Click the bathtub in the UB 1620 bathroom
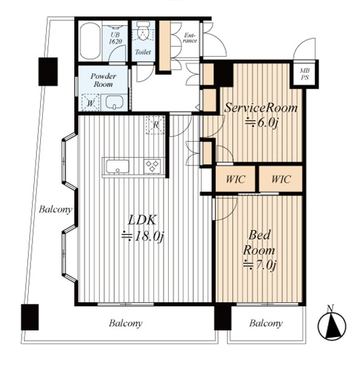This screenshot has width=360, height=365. pos(90,41)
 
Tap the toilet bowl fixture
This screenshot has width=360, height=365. pos(143,31)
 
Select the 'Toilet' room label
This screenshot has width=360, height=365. pos(143,52)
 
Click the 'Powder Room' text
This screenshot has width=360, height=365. pos(103,80)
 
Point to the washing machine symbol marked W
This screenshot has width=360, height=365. pos(90,102)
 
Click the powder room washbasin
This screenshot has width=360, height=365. pos(115,102)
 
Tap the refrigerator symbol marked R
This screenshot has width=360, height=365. pos(155,125)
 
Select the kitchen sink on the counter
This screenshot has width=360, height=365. pos(118,166)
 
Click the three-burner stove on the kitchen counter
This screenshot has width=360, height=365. pos(152,166)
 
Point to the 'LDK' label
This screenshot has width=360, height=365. pos(142,220)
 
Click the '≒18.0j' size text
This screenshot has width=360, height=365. pos(143,237)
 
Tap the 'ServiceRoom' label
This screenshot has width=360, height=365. pos(261,108)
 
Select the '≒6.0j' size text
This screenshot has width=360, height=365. pos(261,123)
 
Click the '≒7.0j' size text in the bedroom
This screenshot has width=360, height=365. pos(259,265)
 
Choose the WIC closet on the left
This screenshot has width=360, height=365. pos(235,179)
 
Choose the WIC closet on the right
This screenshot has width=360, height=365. pos(281,179)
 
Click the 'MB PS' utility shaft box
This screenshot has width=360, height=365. pos(305,74)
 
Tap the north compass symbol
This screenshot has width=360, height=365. pos(332,324)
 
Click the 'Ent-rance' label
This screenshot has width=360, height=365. pos(190,38)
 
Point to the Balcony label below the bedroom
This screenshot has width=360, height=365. pos(266,324)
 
